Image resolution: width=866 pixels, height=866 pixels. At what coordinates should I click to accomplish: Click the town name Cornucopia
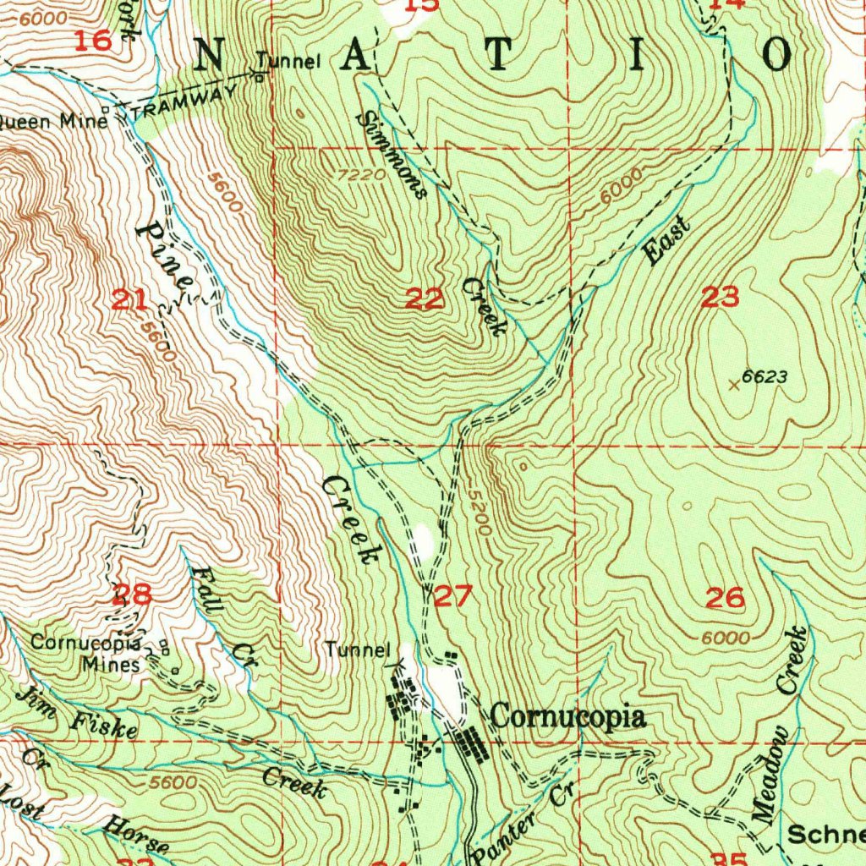pyautogui.click(x=568, y=718)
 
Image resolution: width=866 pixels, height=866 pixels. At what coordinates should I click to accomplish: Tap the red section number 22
pyautogui.click(x=425, y=299)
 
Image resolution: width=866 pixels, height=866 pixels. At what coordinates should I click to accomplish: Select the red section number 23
pyautogui.click(x=720, y=298)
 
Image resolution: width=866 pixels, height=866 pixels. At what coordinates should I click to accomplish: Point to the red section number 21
pyautogui.click(x=132, y=299)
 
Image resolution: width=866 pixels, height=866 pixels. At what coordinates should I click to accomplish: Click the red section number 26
pyautogui.click(x=725, y=599)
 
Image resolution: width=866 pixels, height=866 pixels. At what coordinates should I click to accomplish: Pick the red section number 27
pyautogui.click(x=453, y=597)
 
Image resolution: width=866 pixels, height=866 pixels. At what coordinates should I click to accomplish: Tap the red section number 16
pyautogui.click(x=92, y=41)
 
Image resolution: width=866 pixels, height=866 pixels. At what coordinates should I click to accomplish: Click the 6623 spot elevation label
pyautogui.click(x=765, y=377)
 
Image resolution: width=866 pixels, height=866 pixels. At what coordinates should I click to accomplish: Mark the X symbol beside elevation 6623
pyautogui.click(x=734, y=385)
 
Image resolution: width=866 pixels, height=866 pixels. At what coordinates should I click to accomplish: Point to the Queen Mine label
pyautogui.click(x=52, y=121)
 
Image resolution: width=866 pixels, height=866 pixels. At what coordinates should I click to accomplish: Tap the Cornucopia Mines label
pyautogui.click(x=85, y=653)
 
